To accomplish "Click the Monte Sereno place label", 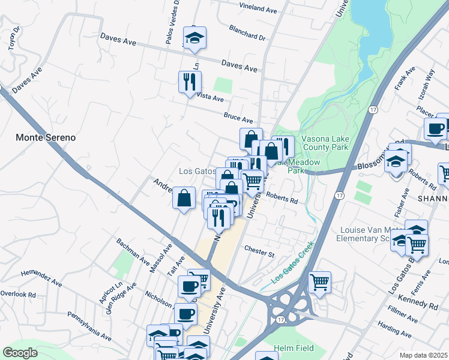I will [46, 137].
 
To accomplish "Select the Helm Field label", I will [291, 349].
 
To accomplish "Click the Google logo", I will [20, 352].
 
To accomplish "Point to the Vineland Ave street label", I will [258, 10].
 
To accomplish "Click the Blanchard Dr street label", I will [247, 32].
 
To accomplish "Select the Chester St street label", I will [259, 251].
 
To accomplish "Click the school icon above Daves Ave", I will [194, 37].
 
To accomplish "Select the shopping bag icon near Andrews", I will [184, 197].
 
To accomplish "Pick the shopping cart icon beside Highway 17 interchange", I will [319, 281].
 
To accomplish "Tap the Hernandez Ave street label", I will [41, 277].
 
